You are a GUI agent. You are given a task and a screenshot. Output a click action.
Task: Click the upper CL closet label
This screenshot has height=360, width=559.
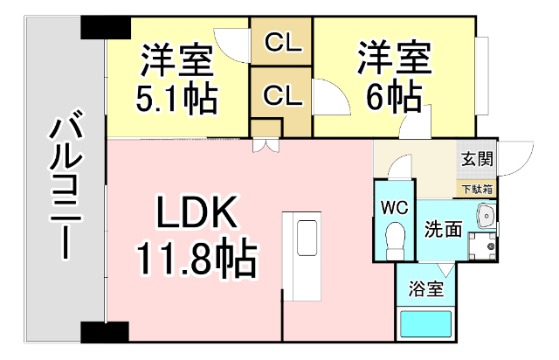click(281, 41)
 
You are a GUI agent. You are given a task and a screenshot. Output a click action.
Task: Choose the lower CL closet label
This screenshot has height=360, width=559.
click(281, 96)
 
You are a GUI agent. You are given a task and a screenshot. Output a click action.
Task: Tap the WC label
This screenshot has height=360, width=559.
click(394, 208)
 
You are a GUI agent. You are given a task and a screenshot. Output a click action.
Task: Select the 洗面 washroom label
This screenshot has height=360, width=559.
click(443, 230)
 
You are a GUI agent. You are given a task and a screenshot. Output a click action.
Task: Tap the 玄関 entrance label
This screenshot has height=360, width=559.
click(477, 159)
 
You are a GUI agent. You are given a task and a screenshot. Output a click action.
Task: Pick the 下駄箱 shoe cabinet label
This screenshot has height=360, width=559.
click(477, 189)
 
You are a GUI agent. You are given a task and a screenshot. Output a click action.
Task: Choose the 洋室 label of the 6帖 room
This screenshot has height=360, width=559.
click(392, 59)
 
